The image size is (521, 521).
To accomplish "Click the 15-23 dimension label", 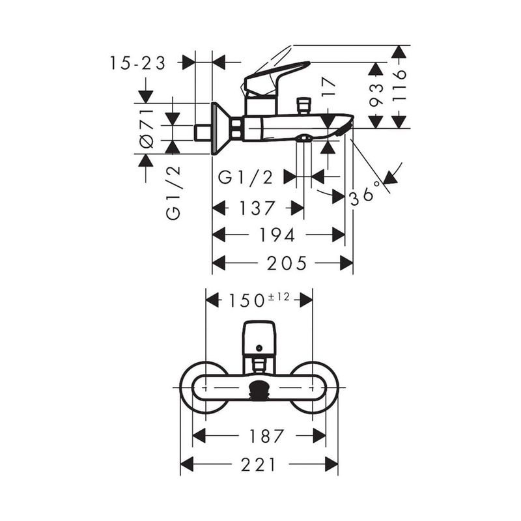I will point(137,63).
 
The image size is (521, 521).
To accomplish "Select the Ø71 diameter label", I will point(147,128).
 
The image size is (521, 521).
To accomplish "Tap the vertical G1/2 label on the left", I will point(173,193).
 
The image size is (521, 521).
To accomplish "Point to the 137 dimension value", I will point(259,208).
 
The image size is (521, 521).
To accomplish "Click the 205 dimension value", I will point(287,263).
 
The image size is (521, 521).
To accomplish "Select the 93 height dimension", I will point(376,96).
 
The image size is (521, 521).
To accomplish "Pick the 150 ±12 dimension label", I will point(259,300).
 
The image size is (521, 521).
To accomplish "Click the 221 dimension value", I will point(259,464).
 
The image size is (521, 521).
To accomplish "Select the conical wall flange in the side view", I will point(219,128).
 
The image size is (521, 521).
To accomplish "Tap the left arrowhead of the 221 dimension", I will point(188,464).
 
